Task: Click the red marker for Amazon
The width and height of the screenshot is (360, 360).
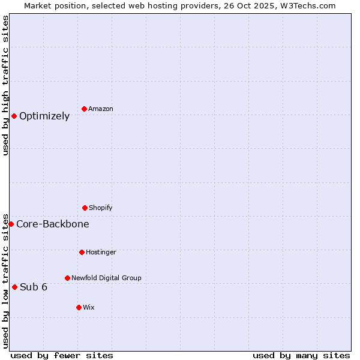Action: [x=85, y=109]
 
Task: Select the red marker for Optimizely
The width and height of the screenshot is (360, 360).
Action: [x=14, y=116]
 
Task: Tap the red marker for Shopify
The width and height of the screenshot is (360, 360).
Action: [x=85, y=208]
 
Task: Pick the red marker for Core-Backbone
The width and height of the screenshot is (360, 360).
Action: [x=11, y=224]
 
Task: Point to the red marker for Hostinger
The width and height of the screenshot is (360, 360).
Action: [x=82, y=252]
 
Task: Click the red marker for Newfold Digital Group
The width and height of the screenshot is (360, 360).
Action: [x=67, y=278]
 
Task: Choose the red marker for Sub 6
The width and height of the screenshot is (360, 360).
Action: [x=14, y=287]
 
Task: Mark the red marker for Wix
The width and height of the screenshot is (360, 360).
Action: [x=79, y=307]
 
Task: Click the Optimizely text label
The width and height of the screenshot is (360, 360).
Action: [x=44, y=116]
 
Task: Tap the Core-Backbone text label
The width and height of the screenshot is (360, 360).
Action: [x=53, y=224]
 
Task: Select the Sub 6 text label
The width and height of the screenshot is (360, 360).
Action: [x=34, y=287]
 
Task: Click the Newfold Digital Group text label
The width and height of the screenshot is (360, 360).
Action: [x=106, y=278]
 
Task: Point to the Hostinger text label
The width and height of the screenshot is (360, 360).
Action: [x=101, y=252]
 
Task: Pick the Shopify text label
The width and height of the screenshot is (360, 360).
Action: [x=100, y=208]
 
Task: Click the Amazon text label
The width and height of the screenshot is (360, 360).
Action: [x=100, y=109]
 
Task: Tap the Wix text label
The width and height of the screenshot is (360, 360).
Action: [x=88, y=307]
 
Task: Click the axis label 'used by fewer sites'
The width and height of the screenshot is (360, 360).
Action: [x=62, y=355]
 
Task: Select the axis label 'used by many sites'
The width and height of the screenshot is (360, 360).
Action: [x=301, y=355]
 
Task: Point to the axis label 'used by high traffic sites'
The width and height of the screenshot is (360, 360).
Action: [x=5, y=85]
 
